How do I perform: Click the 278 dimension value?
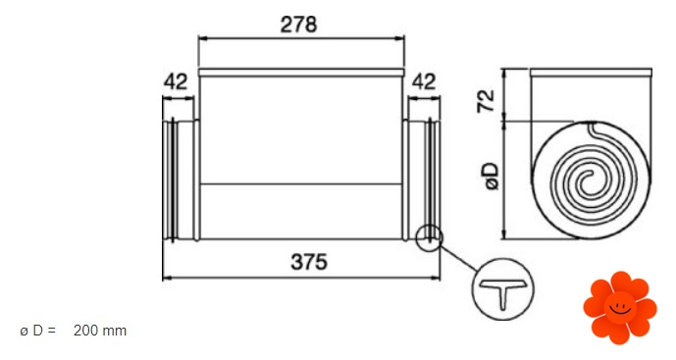(x=298, y=25)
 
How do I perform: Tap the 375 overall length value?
(x=309, y=262)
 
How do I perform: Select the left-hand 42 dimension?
(x=176, y=82)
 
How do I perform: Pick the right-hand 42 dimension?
(x=424, y=82)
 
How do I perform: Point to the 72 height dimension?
(x=487, y=101)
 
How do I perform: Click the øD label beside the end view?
(x=491, y=176)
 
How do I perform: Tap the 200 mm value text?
(x=100, y=331)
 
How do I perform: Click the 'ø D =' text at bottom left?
(x=38, y=331)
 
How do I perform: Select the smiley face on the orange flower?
(x=620, y=308)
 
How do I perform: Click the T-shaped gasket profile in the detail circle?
(x=503, y=292)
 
